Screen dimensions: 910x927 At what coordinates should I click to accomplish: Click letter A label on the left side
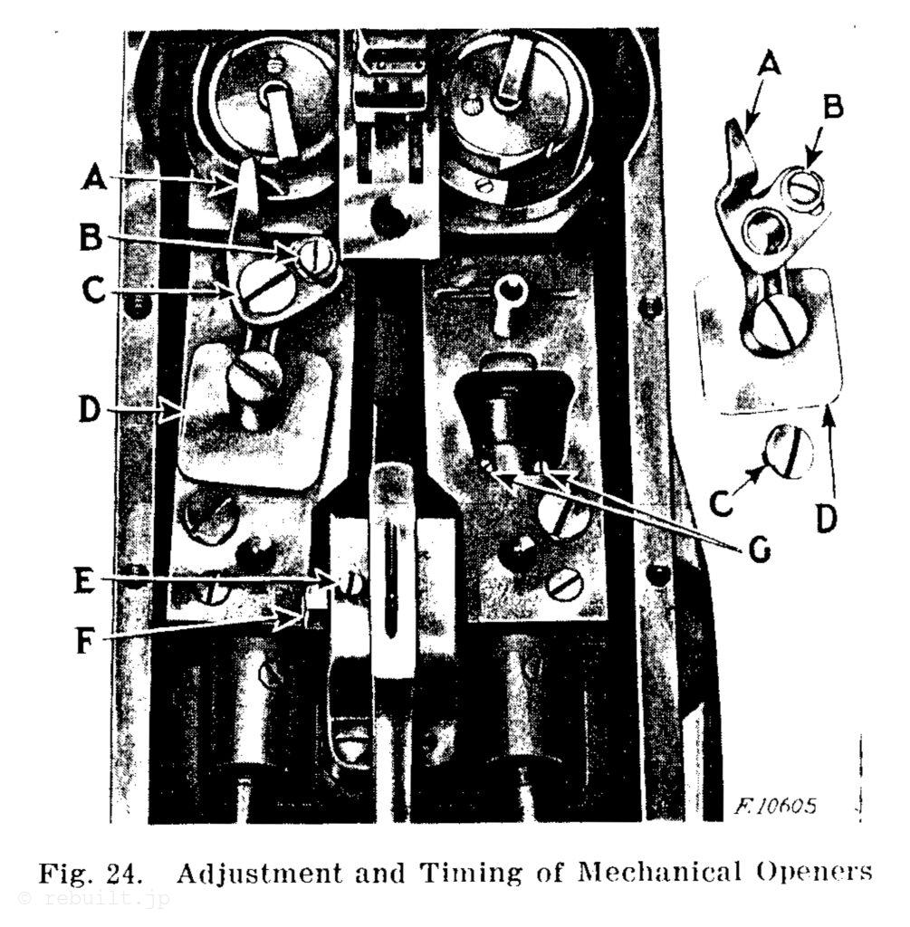94,177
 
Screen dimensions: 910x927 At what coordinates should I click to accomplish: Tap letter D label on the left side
90,409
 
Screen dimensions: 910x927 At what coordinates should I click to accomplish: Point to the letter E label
83,581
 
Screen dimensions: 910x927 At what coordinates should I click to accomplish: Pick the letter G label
758,550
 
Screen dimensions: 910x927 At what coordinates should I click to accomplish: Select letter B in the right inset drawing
833,109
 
